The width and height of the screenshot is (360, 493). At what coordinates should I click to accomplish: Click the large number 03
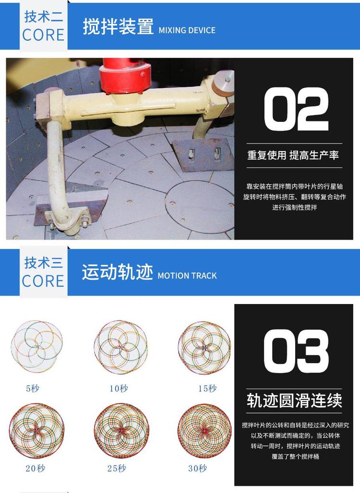coord(296,352)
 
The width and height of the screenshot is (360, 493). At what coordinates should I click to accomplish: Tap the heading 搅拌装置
coord(118,27)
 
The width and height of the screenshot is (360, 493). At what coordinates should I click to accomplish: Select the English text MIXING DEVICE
coord(187,30)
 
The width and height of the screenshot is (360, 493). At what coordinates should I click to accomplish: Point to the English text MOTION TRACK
coord(187,276)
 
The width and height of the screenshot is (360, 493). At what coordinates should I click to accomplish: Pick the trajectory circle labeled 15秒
coord(204,346)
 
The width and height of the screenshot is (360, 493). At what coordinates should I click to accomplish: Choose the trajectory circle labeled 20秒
coord(36,430)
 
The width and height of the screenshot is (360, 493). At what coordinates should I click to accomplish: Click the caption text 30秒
coord(197,468)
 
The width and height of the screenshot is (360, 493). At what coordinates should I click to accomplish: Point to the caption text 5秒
coord(33,388)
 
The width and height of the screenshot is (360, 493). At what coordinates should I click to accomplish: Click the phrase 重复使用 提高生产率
coord(293,155)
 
